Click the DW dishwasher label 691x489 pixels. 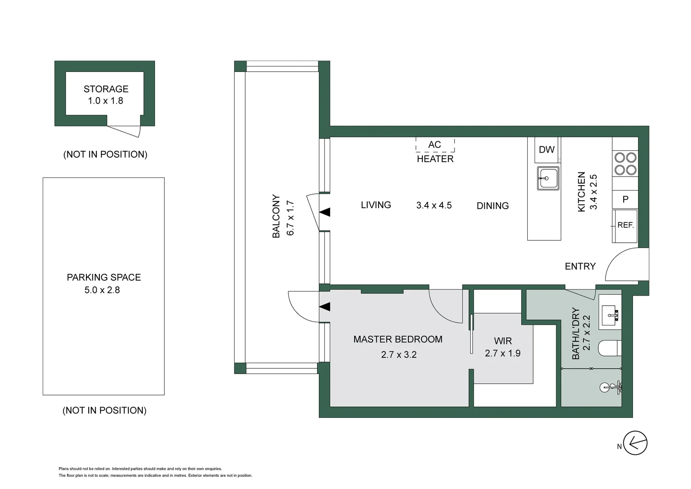(546, 150)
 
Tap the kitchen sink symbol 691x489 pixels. (548, 178)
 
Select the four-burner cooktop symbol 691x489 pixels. (625, 164)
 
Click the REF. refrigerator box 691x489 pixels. (625, 225)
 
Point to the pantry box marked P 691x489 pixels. (625, 199)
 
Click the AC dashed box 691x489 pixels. (435, 145)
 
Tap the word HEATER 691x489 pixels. (435, 159)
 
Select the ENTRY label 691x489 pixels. (580, 266)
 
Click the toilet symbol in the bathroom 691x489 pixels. (609, 349)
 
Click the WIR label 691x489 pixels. (502, 341)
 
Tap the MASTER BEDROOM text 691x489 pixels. (398, 339)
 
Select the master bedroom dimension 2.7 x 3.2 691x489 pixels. (398, 355)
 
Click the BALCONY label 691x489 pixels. (276, 216)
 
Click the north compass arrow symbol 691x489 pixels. (635, 443)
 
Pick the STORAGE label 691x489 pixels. (106, 89)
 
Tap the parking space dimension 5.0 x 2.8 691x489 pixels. (102, 290)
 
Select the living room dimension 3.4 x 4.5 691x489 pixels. (434, 206)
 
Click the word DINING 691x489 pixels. (492, 206)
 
